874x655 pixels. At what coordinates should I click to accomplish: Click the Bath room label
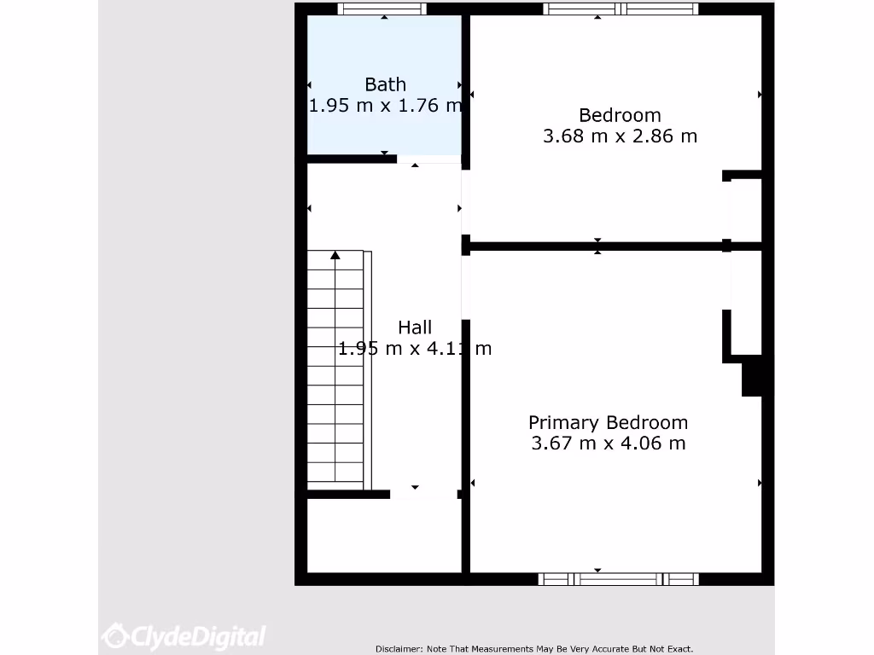[385, 84]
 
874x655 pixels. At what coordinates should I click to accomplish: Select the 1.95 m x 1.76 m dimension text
[385, 106]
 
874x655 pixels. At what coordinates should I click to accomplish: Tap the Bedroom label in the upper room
[620, 115]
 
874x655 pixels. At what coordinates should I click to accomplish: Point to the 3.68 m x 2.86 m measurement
[620, 136]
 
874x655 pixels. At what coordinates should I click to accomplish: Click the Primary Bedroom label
[608, 422]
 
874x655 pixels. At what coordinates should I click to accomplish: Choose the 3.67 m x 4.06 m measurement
[608, 443]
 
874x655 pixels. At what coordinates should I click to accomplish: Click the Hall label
[415, 327]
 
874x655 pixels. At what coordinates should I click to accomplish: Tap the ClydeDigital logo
[184, 635]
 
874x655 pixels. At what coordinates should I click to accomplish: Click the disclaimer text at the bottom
[534, 649]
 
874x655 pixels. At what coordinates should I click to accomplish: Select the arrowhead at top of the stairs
[335, 255]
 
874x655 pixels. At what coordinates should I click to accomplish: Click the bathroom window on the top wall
[382, 9]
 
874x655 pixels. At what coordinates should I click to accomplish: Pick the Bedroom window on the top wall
[621, 9]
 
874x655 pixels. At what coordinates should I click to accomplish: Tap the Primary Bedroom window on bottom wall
[619, 579]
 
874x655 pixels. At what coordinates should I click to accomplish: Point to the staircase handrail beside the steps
[368, 371]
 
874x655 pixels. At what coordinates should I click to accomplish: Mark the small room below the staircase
[384, 536]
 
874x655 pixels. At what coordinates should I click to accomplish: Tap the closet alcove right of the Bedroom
[745, 210]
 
